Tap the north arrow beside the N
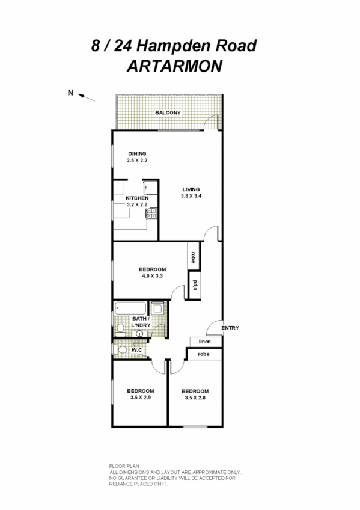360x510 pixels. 88,96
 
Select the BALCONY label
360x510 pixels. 168,112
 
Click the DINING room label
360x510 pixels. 136,154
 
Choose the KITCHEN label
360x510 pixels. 136,198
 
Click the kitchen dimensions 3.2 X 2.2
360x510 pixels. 136,204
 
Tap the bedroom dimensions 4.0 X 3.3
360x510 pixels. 152,275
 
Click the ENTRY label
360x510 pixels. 230,328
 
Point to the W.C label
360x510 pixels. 136,349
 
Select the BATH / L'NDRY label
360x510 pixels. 141,322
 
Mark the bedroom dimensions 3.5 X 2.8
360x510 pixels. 195,398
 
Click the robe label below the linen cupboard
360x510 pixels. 203,355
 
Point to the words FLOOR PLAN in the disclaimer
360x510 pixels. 123,467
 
